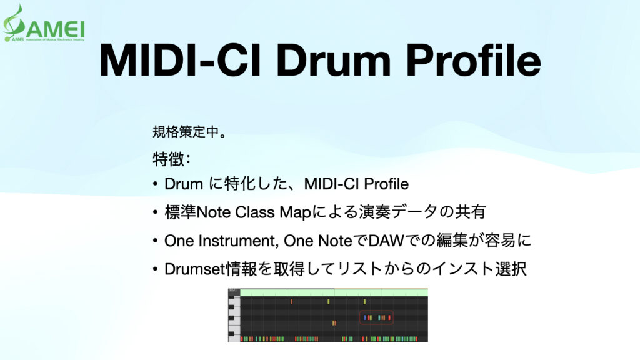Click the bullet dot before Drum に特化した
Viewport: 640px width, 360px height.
point(155,185)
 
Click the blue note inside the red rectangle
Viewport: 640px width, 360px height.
point(366,317)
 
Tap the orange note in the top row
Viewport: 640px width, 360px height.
point(291,302)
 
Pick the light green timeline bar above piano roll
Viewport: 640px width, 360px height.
point(334,292)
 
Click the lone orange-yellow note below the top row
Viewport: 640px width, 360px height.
point(334,323)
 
